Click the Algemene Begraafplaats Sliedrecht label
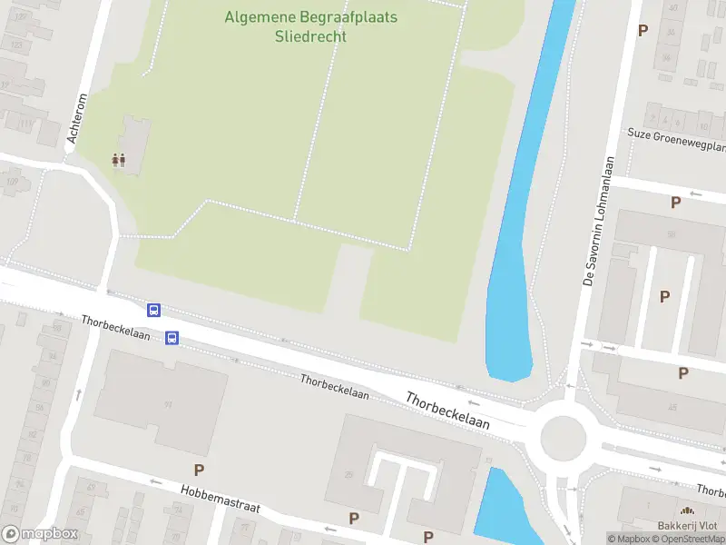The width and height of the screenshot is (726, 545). (311, 27)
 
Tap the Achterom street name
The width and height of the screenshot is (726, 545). (75, 119)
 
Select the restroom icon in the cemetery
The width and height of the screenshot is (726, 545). (119, 160)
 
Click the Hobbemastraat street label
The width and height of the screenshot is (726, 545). (221, 499)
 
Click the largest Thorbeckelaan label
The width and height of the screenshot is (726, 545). (447, 411)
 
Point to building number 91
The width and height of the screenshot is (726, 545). (168, 403)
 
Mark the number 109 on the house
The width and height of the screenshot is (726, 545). (12, 182)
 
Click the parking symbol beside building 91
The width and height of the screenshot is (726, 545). (198, 469)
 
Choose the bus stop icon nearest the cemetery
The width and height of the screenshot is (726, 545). (154, 310)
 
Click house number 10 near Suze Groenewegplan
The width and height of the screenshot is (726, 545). (703, 124)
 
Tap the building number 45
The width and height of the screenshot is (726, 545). (672, 406)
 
